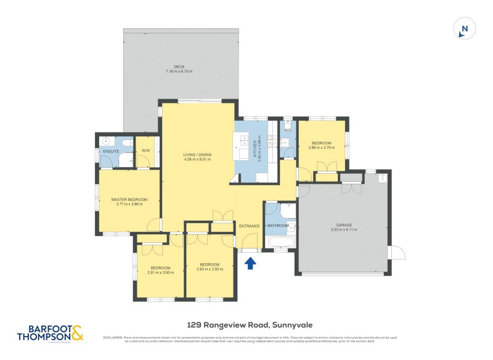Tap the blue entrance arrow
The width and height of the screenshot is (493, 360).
coord(250,264)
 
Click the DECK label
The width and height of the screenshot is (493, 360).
coord(179,67)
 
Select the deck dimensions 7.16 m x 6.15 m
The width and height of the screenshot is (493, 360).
coord(179,72)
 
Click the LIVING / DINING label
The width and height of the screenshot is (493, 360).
coord(197,154)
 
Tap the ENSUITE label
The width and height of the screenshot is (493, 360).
coord(111,151)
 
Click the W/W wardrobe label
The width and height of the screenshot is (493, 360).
coord(146,151)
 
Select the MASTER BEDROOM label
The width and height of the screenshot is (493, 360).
coord(129,199)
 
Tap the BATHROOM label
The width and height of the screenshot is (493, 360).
coord(278,226)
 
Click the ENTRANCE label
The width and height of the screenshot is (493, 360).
coord(249,226)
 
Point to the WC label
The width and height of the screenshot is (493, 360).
coord(287,130)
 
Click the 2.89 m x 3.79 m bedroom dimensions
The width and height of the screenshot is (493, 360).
coord(321,147)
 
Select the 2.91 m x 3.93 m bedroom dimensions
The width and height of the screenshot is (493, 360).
coord(160,272)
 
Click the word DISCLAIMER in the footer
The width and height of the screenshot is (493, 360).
coord(111,337)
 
